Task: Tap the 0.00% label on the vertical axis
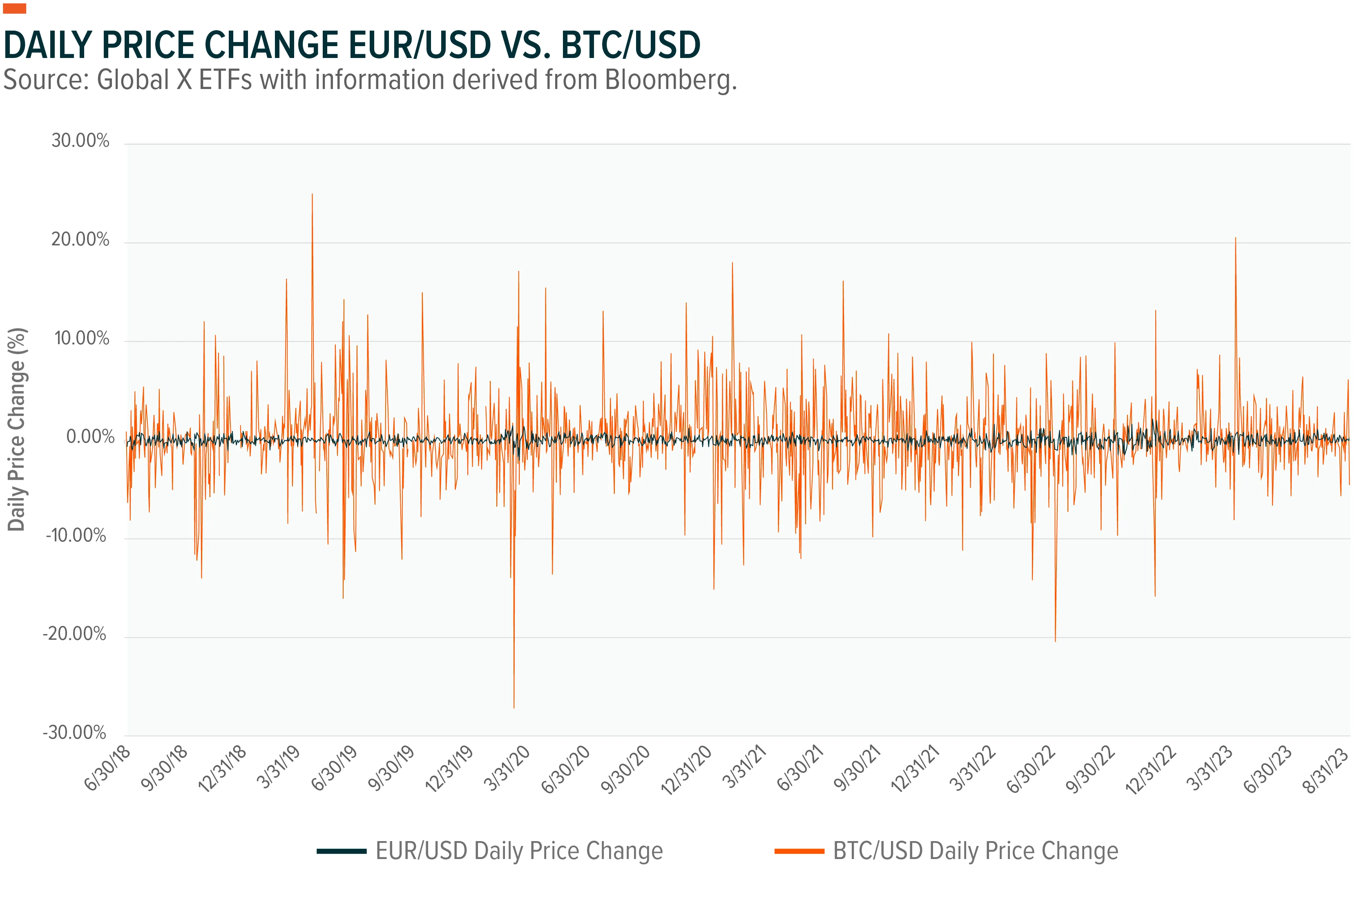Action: [x=90, y=437]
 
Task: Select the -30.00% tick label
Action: [x=75, y=732]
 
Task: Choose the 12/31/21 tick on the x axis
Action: [x=915, y=768]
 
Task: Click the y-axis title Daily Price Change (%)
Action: [x=16, y=429]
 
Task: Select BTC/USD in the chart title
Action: [x=631, y=45]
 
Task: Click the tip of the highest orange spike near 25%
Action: [x=312, y=194]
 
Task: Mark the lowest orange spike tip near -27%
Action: [x=514, y=708]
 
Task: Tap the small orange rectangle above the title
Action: [x=14, y=8]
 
